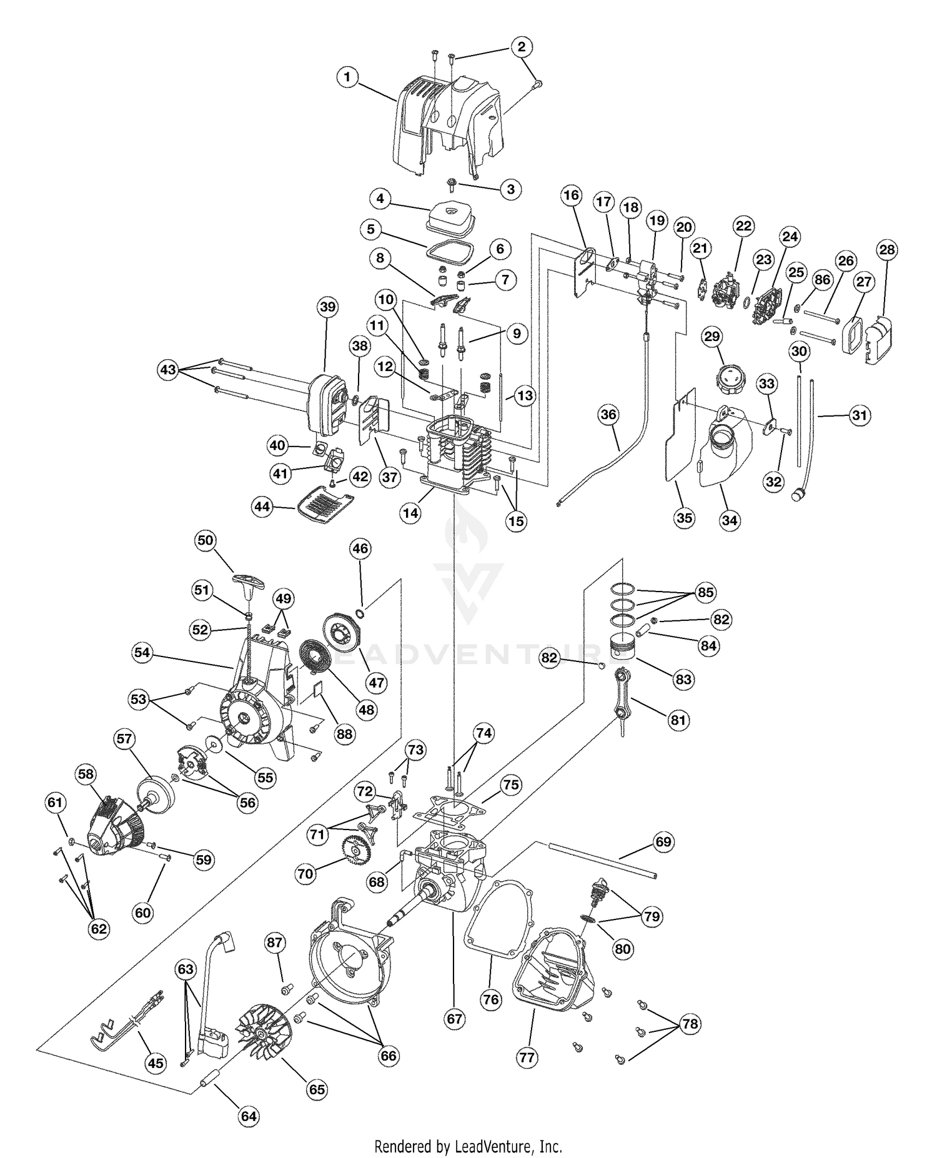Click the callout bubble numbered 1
(347, 78)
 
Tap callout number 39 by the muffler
(327, 307)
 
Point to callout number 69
(663, 842)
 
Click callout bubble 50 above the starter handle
(206, 540)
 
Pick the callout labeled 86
(823, 280)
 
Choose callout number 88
(345, 734)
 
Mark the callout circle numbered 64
(249, 1116)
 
